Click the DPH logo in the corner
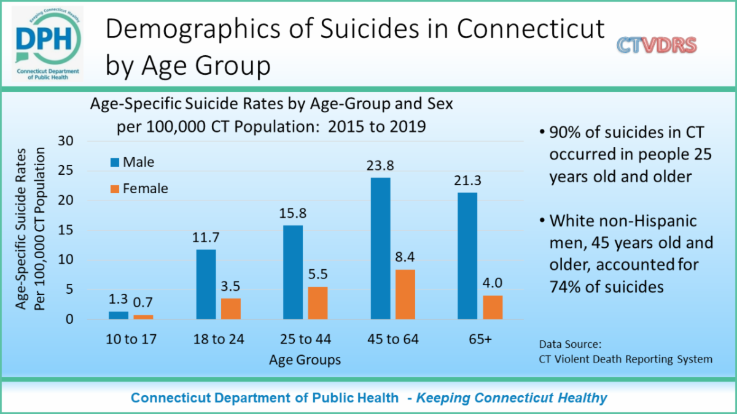[47, 44]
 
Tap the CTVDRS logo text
[657, 45]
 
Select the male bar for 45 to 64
[380, 248]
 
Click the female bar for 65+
[493, 307]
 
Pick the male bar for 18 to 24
[206, 284]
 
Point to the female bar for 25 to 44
[318, 303]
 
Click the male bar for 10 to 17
[119, 315]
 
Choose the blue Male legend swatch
[114, 163]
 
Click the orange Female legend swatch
[114, 188]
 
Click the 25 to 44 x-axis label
[305, 339]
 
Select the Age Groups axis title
[305, 359]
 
